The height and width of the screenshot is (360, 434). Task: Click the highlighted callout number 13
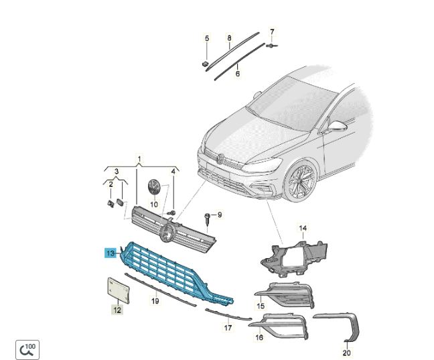(111, 253)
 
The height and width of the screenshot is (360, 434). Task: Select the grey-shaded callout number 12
(117, 310)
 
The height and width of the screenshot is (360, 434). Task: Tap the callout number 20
(346, 353)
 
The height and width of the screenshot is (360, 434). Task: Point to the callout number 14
(303, 228)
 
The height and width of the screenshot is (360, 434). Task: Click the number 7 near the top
(272, 32)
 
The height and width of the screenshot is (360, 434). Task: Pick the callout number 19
(155, 301)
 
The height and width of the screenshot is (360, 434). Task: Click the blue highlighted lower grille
(171, 273)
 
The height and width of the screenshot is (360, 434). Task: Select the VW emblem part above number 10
(153, 186)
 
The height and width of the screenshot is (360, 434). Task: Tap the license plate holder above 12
(118, 290)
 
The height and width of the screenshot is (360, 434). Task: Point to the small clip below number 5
(205, 64)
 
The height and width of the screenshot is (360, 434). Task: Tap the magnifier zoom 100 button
(27, 350)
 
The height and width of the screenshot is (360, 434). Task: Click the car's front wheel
(300, 180)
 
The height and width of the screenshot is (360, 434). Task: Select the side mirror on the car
(337, 126)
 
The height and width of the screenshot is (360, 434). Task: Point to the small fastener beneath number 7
(271, 45)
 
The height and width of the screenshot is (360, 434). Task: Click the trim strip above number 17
(228, 314)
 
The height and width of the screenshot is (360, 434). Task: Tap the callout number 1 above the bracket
(139, 159)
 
